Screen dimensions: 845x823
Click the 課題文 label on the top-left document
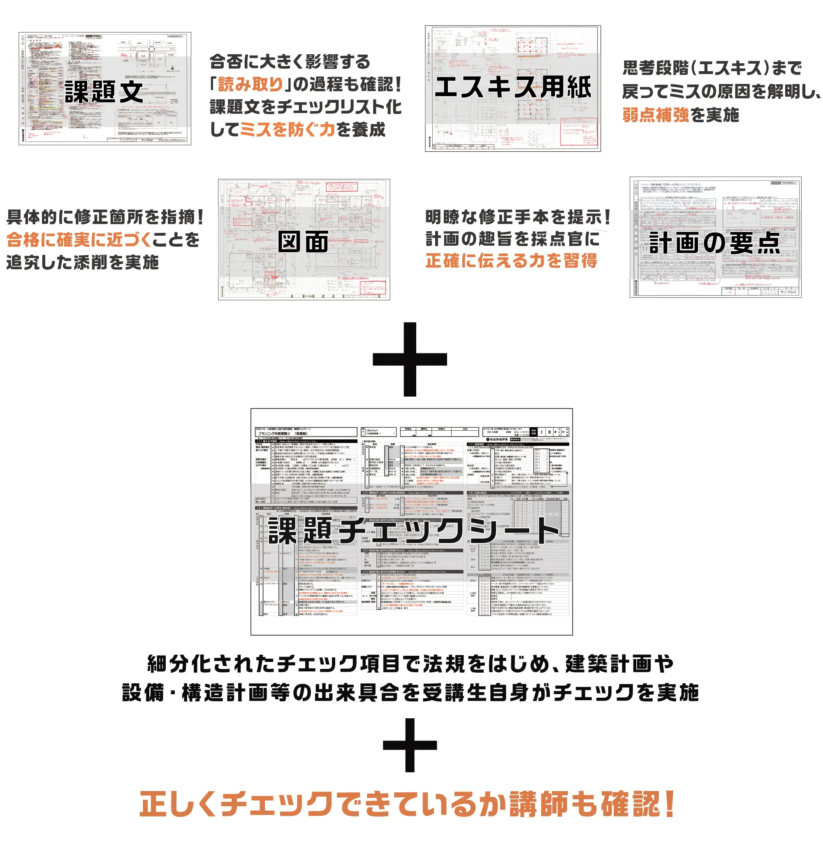(x=104, y=92)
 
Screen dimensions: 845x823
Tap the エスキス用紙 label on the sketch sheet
(x=512, y=87)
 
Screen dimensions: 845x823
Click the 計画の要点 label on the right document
(x=714, y=243)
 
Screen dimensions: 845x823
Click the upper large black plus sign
(x=410, y=359)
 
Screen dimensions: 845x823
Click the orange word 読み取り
(x=251, y=84)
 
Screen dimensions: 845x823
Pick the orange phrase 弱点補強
(x=656, y=115)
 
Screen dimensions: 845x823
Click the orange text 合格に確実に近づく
(x=79, y=239)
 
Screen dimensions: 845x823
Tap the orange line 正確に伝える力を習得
(x=511, y=261)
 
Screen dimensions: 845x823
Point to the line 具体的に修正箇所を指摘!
(x=105, y=217)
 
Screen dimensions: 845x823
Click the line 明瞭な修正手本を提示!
(x=517, y=217)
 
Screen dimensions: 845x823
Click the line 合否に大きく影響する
(x=290, y=62)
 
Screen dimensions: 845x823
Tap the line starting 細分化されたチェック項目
(x=410, y=664)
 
